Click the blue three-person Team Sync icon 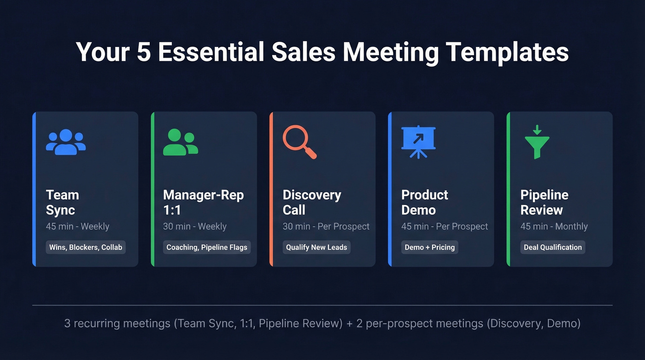coord(66,142)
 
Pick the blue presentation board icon coord(418,142)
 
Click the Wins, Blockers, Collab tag coord(86,247)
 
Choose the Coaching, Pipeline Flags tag coord(207,247)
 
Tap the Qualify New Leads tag coord(317,247)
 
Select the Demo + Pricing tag coord(430,247)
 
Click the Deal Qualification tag coord(553,247)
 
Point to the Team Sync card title coord(62,202)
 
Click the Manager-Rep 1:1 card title coord(203,202)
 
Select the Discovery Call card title coord(312,202)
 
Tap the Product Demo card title coord(424,202)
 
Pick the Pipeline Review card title coord(544,202)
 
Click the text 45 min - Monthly coord(554,226)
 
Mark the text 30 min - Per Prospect coord(326,226)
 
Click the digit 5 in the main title coord(144,52)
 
